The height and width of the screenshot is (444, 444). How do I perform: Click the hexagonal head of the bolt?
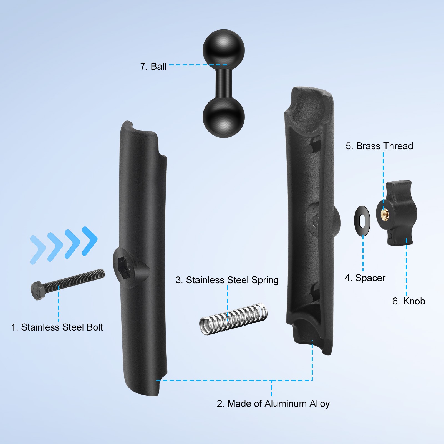(x=37, y=290)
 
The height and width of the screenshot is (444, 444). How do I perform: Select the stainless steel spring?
(x=233, y=319)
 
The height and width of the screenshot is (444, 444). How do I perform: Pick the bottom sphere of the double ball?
(x=224, y=117)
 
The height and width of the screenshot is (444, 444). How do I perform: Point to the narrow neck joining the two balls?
(x=224, y=83)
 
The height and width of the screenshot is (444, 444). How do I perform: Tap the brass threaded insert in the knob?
(x=385, y=215)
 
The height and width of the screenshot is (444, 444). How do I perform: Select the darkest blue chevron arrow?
(x=90, y=241)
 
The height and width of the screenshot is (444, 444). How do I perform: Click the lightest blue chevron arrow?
(x=37, y=250)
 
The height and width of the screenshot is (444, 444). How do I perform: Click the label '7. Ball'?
(x=153, y=67)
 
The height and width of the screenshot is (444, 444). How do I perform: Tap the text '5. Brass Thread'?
(x=379, y=146)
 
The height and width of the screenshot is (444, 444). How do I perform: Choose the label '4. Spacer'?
(x=365, y=278)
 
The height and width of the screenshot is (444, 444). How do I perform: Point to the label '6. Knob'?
(x=408, y=301)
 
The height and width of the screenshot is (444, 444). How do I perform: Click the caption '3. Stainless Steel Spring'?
(x=227, y=280)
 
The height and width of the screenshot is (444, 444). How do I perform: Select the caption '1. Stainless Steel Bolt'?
(x=57, y=327)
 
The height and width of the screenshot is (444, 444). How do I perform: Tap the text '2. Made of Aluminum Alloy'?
(x=273, y=403)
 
